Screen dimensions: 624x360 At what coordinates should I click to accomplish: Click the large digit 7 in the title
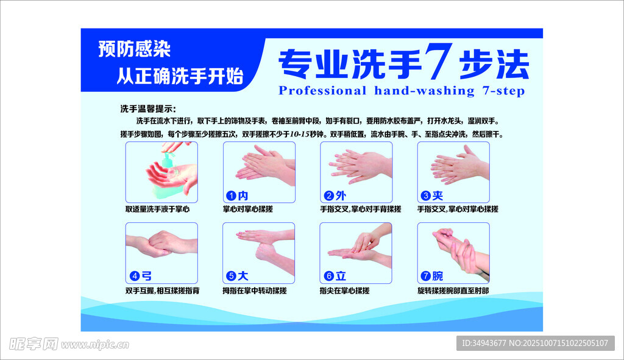pos(438,61)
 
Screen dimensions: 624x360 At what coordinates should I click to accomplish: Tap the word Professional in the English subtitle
pos(322,91)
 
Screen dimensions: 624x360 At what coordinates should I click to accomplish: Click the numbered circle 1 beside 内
pos(231,196)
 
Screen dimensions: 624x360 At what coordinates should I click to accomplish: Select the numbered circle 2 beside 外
pos(328,196)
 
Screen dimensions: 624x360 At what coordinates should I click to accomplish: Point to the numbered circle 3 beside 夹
pos(426,196)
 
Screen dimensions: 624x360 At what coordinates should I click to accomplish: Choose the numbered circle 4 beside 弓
pos(135,276)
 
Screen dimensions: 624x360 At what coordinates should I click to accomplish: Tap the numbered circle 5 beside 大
pos(231,276)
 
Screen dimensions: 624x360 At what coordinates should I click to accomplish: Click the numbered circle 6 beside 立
pos(328,276)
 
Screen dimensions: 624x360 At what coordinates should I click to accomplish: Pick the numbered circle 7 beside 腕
pos(426,276)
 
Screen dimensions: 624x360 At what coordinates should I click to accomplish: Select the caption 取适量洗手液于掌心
pos(158,209)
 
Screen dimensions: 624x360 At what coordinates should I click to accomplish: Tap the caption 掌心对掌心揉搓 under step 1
pos(247,209)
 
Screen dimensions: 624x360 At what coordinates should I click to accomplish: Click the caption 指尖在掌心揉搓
pos(345,291)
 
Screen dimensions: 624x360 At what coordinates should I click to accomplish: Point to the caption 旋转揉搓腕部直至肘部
pos(453,291)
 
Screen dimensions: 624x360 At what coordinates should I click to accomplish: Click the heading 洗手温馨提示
pos(148,109)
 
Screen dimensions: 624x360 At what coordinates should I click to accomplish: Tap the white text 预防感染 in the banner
pos(135,49)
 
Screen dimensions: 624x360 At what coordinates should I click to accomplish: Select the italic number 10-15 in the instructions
pos(300,135)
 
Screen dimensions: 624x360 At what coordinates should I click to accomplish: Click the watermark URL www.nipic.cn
pos(95,345)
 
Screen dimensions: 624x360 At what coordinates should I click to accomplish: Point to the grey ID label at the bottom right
pos(535,343)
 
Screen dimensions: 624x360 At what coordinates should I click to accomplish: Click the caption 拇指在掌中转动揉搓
pos(255,291)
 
